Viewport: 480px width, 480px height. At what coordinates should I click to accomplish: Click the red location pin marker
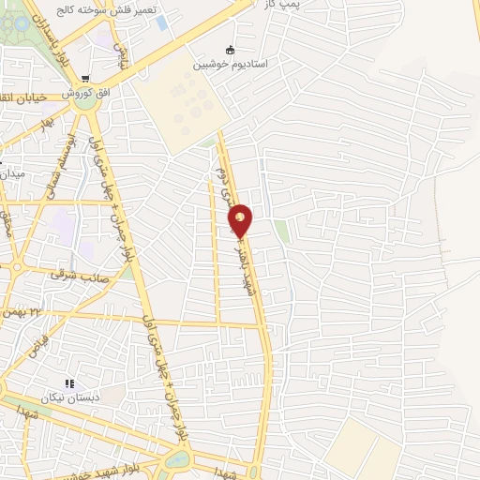(241, 220)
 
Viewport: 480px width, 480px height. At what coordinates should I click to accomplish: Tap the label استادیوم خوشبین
(231, 65)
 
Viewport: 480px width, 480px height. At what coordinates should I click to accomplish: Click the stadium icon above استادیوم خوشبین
(231, 50)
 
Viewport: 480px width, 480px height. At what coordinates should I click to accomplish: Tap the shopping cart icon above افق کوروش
(85, 80)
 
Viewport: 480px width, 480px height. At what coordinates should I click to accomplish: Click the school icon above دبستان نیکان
(68, 383)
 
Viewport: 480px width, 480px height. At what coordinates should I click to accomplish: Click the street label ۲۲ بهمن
(22, 310)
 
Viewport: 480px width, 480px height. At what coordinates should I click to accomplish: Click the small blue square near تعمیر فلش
(162, 22)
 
